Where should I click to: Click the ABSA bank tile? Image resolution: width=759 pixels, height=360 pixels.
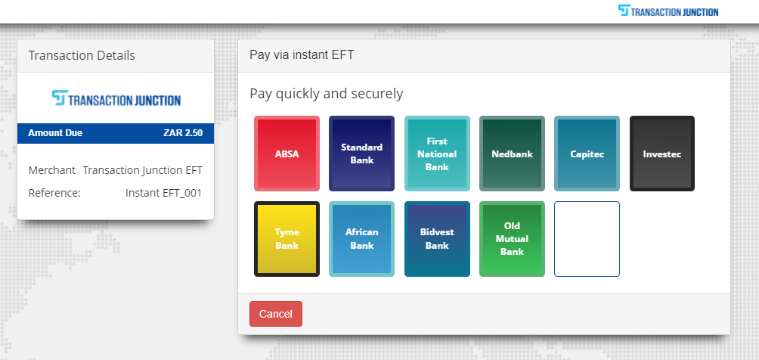point(287,154)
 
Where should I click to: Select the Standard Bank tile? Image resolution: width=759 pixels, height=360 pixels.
point(361,154)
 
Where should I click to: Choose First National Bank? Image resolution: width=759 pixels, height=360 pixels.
point(437,154)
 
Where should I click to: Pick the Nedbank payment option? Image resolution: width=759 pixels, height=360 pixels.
point(512,154)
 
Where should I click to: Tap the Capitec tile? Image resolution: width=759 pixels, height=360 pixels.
point(587,154)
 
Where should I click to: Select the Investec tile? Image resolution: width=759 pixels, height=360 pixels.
point(662,154)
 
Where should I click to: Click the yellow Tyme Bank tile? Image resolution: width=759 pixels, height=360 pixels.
point(287,239)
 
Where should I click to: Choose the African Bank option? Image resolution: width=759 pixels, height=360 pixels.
point(361,239)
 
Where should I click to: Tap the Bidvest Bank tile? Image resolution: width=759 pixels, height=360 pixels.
point(437,239)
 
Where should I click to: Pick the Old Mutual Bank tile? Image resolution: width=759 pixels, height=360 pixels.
point(512,239)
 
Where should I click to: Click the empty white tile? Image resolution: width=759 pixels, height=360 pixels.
point(587,239)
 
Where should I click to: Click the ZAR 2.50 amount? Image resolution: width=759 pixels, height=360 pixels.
point(183,133)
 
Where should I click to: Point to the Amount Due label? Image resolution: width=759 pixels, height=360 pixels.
point(55,133)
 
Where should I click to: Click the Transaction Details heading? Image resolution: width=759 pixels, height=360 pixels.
point(82,56)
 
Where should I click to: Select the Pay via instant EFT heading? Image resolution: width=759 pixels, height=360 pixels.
point(302,54)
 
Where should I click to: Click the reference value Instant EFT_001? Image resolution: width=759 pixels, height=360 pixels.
point(163,193)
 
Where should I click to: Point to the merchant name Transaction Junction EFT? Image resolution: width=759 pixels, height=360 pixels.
point(143,171)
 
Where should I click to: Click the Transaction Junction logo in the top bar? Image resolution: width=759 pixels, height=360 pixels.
point(668,11)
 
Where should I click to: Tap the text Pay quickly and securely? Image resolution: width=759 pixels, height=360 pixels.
point(327,94)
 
